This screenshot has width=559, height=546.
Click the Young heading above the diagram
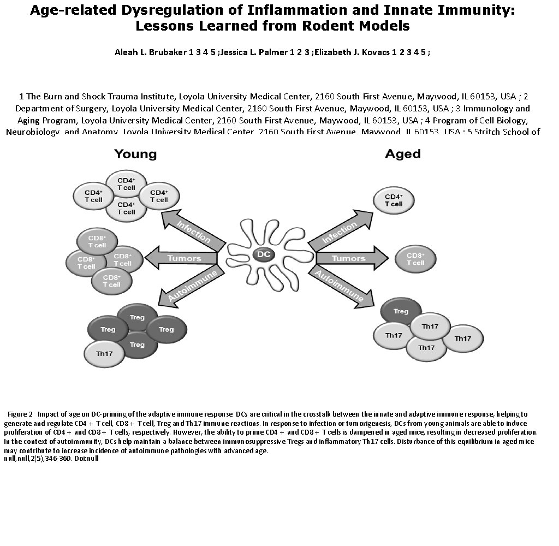point(135,154)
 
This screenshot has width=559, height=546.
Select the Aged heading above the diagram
point(403,154)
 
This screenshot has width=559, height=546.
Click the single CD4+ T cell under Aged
point(394,200)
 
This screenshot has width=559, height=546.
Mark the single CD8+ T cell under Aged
point(415,259)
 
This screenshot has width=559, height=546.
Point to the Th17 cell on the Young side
point(104,353)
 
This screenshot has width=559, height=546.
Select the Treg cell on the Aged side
point(401,311)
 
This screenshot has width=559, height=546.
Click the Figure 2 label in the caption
point(21,414)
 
